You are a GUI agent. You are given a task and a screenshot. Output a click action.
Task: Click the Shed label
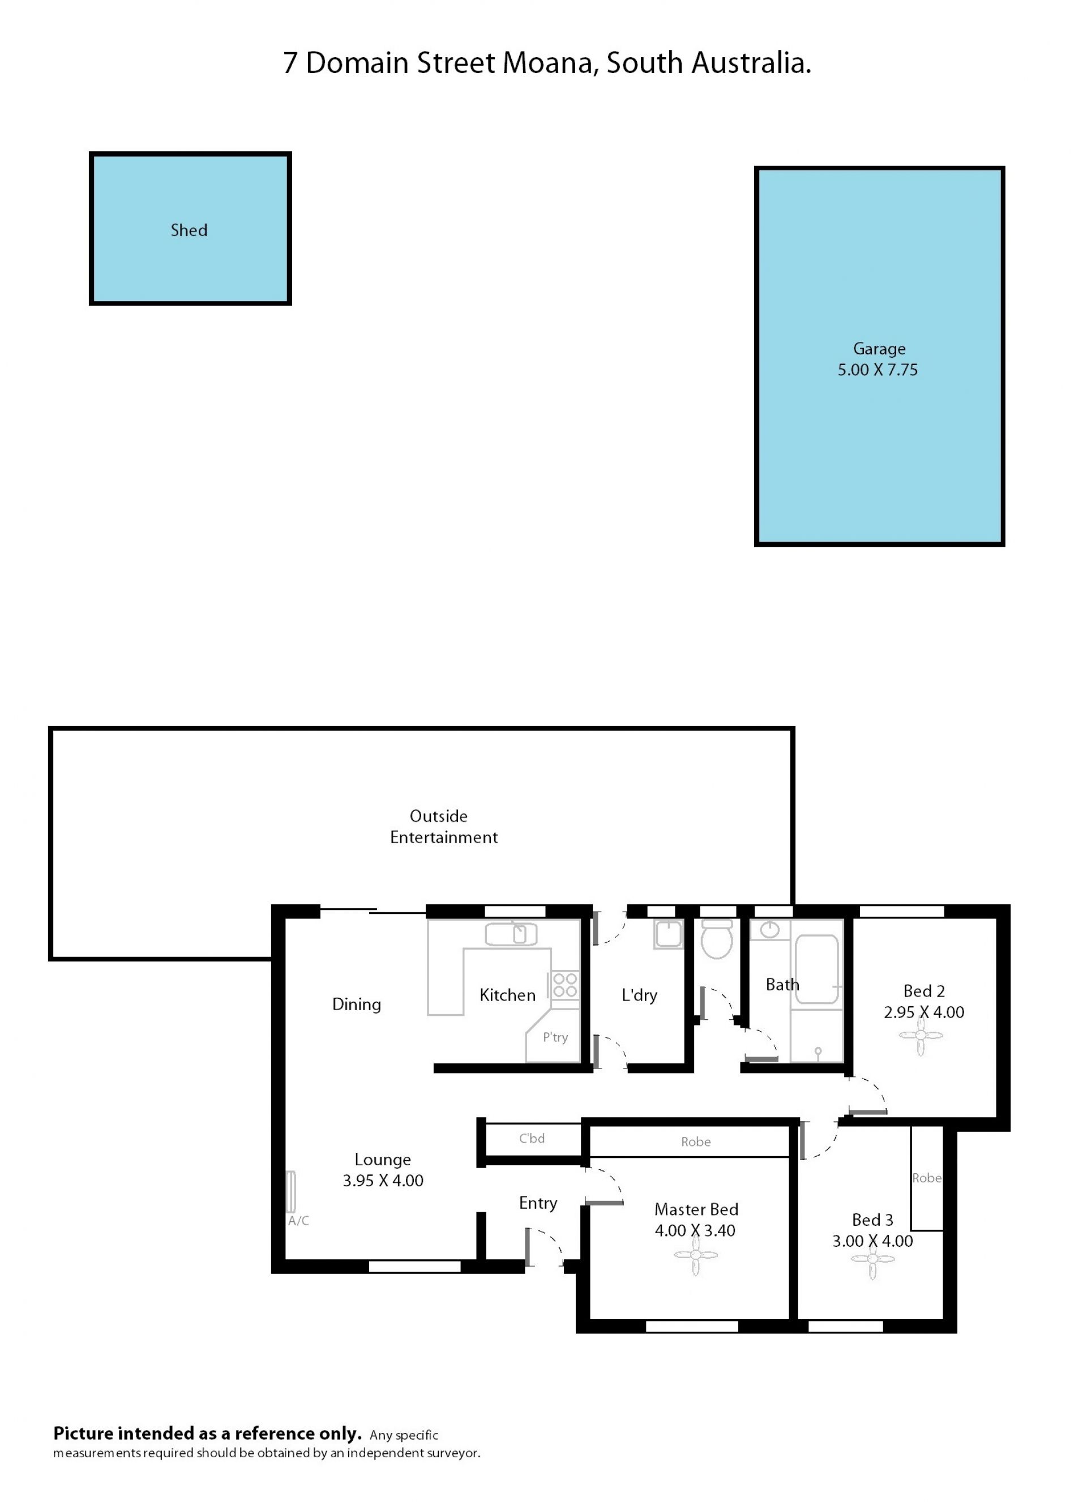click(x=189, y=230)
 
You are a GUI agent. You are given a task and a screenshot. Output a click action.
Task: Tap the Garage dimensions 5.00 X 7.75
click(x=878, y=370)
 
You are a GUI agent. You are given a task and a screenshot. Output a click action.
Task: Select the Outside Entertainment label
click(x=443, y=826)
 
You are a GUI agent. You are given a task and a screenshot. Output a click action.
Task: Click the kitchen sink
click(x=511, y=934)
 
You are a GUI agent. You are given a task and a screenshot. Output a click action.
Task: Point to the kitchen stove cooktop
click(x=565, y=985)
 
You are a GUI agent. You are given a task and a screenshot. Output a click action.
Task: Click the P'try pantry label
click(x=555, y=1038)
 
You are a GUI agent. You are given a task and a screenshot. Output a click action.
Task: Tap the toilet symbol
click(x=716, y=938)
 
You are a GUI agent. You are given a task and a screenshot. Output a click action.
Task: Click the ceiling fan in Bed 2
click(x=920, y=1036)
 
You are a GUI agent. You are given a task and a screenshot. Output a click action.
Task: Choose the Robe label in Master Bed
click(x=696, y=1141)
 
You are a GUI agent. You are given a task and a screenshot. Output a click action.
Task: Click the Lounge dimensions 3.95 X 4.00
click(x=383, y=1180)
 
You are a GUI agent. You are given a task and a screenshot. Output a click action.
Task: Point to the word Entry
click(x=538, y=1203)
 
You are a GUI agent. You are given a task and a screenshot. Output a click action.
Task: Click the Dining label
click(x=356, y=1005)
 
